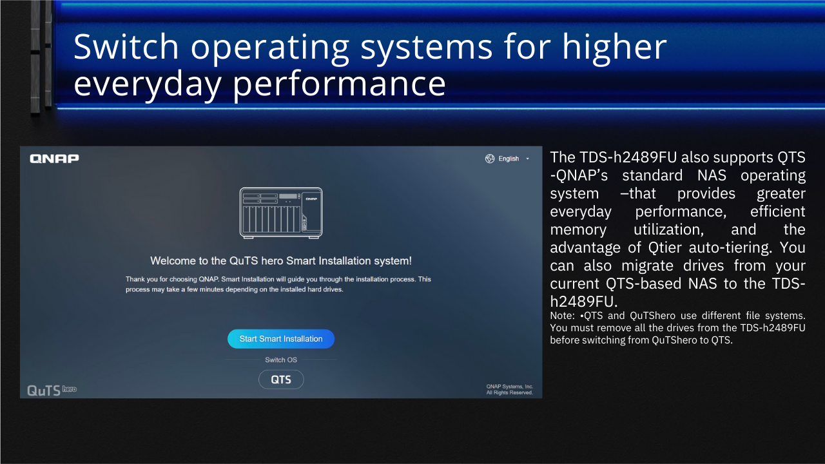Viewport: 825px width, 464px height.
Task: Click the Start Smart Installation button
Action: pyautogui.click(x=281, y=339)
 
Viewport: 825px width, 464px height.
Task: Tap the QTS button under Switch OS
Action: pyautogui.click(x=281, y=380)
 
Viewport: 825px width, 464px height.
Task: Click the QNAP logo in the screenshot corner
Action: pyautogui.click(x=54, y=159)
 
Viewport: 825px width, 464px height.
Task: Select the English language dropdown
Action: pyautogui.click(x=507, y=159)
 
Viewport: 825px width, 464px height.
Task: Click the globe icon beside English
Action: pyautogui.click(x=490, y=159)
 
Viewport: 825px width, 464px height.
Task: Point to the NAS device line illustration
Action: pyautogui.click(x=281, y=213)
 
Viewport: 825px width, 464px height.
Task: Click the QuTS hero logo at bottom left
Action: pyautogui.click(x=52, y=391)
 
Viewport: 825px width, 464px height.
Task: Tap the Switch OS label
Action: pyautogui.click(x=281, y=360)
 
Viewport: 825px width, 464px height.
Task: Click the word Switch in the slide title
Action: pyautogui.click(x=126, y=47)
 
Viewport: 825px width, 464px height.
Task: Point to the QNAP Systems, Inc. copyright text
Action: pyautogui.click(x=510, y=390)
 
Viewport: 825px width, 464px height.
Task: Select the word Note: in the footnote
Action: pyautogui.click(x=563, y=316)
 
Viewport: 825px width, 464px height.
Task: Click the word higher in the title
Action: pyautogui.click(x=614, y=48)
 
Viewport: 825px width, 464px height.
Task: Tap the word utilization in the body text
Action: pyautogui.click(x=668, y=230)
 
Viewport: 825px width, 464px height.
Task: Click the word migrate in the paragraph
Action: pyautogui.click(x=647, y=266)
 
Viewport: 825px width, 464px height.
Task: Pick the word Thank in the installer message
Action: pyautogui.click(x=134, y=279)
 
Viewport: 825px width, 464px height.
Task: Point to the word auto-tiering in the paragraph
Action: pyautogui.click(x=730, y=248)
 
